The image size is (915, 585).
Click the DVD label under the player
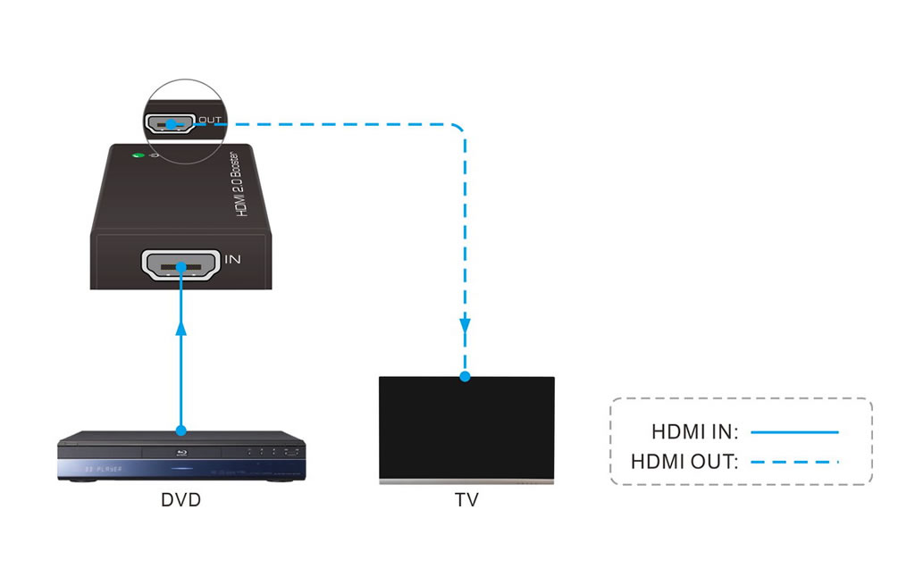(x=180, y=500)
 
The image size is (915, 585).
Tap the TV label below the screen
(x=466, y=500)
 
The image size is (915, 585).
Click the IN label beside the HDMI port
(x=232, y=260)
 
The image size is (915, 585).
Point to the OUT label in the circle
(x=209, y=119)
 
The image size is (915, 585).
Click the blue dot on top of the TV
(x=465, y=376)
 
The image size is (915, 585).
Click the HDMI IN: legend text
(x=694, y=432)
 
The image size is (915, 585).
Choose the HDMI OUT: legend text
(x=684, y=462)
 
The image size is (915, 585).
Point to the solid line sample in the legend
(x=794, y=432)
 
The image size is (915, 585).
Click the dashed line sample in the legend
(x=794, y=462)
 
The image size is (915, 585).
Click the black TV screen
(x=466, y=427)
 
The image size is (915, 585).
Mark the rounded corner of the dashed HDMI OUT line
(x=457, y=129)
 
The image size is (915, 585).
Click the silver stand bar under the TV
(x=466, y=481)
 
